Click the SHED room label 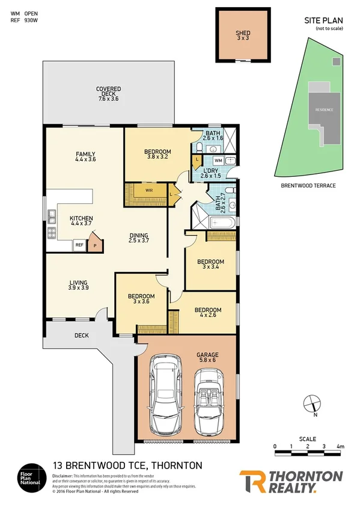243,34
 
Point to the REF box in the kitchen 79,245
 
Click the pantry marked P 94,244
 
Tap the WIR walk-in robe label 148,191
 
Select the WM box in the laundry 218,161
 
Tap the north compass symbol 311,404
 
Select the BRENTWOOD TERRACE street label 308,186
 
